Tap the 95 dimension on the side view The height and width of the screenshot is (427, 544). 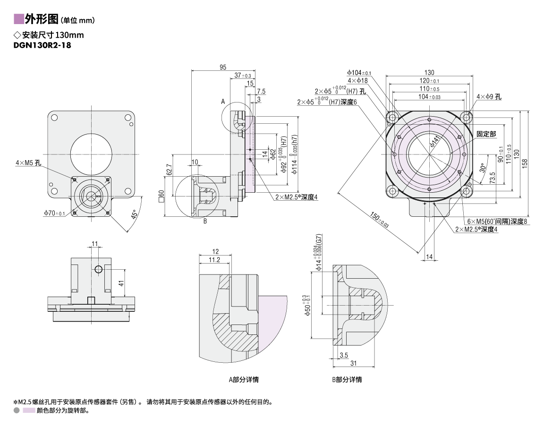click(x=222, y=67)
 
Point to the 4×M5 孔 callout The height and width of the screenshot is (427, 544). click(x=29, y=163)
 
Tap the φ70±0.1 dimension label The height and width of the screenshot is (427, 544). click(x=54, y=213)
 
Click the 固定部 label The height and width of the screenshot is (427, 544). click(x=486, y=134)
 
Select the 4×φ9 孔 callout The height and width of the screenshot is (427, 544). click(x=489, y=97)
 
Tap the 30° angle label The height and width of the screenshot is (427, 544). click(x=482, y=169)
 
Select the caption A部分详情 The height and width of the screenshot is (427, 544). click(x=244, y=379)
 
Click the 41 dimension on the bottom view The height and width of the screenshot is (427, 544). click(x=121, y=283)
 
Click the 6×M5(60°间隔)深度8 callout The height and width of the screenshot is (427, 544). click(x=497, y=221)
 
